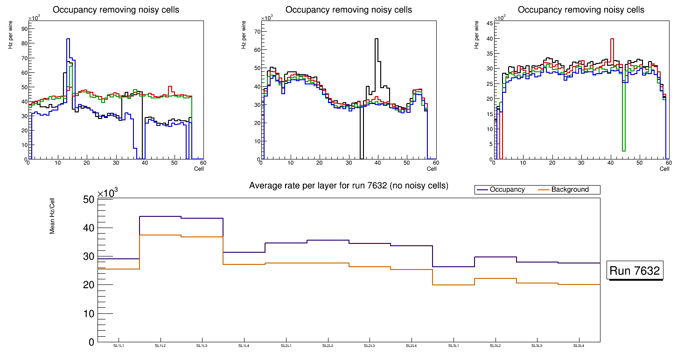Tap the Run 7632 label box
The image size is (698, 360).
635,271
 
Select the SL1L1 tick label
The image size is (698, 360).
119,346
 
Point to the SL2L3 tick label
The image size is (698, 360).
370,346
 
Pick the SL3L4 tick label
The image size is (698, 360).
579,346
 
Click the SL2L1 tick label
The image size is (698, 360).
286,346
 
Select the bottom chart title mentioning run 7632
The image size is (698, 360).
349,186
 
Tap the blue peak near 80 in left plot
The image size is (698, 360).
68,39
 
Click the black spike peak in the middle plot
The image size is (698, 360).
376,39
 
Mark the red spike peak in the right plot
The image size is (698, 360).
612,39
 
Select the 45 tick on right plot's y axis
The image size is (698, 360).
489,23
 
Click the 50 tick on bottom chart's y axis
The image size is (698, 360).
89,200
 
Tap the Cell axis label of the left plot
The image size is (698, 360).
199,169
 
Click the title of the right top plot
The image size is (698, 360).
581,10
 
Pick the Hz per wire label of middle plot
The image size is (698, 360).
244,39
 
